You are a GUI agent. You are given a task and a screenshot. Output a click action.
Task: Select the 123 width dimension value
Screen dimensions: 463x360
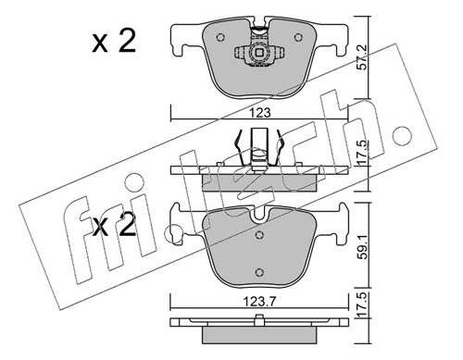tap(260, 113)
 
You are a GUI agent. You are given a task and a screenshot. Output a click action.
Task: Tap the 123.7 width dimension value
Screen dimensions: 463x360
tap(259, 302)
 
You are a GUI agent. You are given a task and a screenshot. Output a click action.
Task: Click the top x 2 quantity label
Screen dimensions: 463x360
tap(114, 43)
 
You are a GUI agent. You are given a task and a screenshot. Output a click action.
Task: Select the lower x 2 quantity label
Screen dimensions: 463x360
tap(114, 226)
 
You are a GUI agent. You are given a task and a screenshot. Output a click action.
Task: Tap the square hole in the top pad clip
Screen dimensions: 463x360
tap(257, 53)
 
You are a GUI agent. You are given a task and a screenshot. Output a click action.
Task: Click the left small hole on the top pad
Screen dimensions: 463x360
tap(220, 38)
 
